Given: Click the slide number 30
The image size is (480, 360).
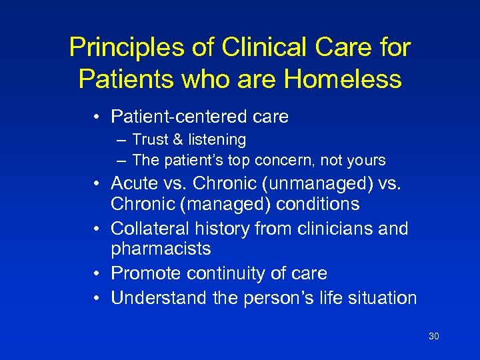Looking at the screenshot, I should tap(433, 336).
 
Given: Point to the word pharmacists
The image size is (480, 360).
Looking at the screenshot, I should tap(161, 249).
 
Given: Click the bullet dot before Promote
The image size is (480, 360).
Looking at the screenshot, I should tap(98, 273).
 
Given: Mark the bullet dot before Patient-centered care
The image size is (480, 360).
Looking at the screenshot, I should tap(98, 117).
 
